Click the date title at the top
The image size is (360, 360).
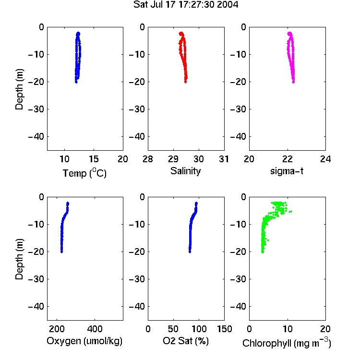(186, 4)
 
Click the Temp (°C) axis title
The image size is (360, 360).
(84, 173)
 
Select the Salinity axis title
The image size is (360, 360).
(185, 171)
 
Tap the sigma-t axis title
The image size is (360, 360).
(287, 171)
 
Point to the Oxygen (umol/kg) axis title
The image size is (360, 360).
(84, 341)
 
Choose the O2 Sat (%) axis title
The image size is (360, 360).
(185, 341)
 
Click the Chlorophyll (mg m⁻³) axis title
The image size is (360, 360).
(287, 343)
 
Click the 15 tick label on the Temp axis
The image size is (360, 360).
(94, 159)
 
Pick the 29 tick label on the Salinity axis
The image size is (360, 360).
(173, 159)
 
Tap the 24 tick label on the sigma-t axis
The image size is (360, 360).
(325, 159)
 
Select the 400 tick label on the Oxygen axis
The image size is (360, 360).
(95, 329)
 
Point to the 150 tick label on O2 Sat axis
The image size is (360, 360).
(224, 329)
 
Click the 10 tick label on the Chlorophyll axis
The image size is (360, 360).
(288, 329)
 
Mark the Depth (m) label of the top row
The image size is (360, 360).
(19, 89)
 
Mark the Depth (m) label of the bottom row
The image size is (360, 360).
(19, 259)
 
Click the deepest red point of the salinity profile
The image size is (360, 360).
(185, 82)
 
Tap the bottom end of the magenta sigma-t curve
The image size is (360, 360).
(293, 82)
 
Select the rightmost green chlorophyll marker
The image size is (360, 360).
(290, 212)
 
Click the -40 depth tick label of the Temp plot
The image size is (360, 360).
(36, 137)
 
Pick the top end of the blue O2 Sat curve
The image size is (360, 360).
(196, 203)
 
